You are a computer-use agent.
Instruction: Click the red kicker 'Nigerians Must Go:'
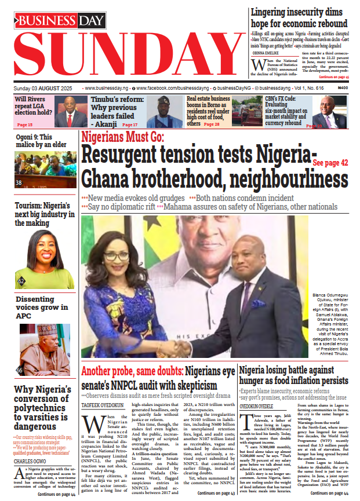click(x=123, y=138)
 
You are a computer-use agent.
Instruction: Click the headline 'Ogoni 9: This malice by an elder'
click(x=42, y=142)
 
